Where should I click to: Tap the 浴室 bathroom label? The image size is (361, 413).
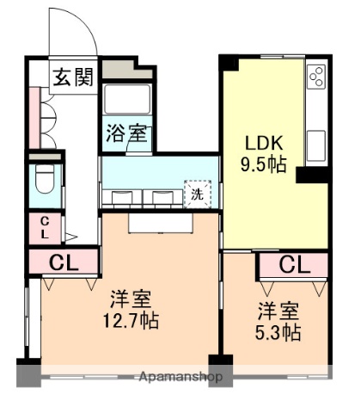[x=127, y=133]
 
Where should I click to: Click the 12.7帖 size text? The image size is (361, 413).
[x=132, y=322]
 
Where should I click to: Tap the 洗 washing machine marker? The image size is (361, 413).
[x=197, y=194]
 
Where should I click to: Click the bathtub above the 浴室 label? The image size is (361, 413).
[x=127, y=98]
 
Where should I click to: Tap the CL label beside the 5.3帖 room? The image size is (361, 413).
[x=293, y=264]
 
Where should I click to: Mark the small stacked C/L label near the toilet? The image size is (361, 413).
[x=44, y=227]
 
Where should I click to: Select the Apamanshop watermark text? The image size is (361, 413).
[x=181, y=377]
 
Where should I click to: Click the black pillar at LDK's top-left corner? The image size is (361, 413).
[x=229, y=62]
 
